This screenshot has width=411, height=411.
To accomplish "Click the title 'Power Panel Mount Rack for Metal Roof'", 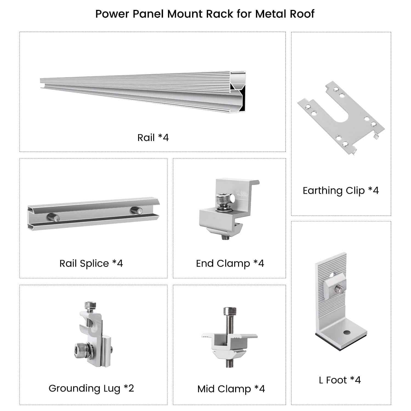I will coord(205,14).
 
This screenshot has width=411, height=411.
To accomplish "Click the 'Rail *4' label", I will coord(153,137).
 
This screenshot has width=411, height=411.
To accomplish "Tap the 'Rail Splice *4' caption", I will coord(91,263).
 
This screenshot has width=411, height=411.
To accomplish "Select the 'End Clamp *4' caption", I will coord(230,263).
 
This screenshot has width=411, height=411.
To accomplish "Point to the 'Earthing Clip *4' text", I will coord(341,190).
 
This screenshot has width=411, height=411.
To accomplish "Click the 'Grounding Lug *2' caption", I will coord(91,388).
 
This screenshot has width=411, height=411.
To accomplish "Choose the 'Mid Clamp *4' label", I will coord(231,389).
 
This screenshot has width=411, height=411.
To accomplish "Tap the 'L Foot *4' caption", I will coord(340,380).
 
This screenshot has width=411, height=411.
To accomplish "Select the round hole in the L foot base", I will coord(347,333).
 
